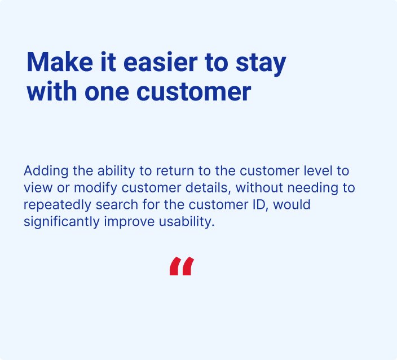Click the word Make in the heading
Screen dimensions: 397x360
tap(60, 62)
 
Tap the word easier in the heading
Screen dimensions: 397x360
tap(160, 62)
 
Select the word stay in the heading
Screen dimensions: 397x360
tap(261, 64)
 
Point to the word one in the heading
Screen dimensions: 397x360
tap(107, 91)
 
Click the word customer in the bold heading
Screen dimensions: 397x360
tap(193, 91)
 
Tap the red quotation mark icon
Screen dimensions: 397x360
tap(182, 266)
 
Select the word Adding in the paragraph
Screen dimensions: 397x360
tap(46, 172)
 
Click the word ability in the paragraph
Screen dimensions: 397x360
tap(116, 172)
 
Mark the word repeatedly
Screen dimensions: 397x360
tap(57, 205)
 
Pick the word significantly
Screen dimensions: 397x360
tap(61, 222)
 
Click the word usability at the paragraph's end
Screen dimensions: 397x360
tap(187, 222)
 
